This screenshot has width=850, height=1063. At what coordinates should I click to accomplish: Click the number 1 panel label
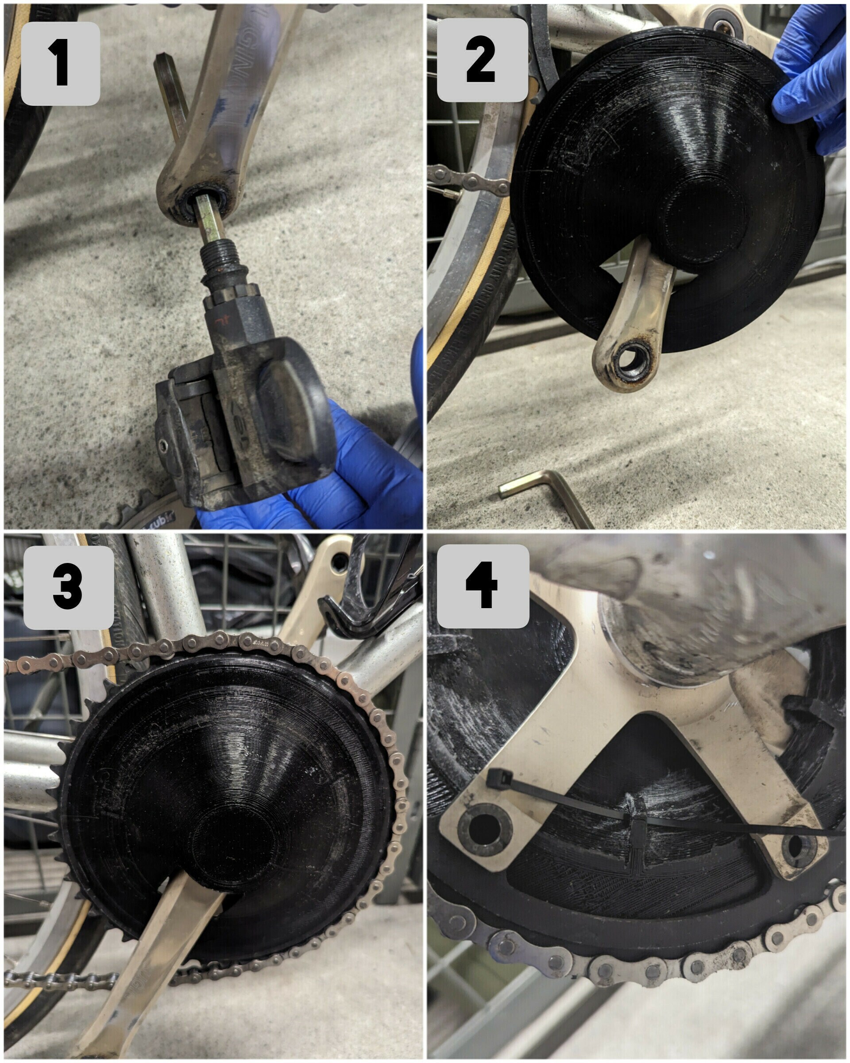[x=60, y=64]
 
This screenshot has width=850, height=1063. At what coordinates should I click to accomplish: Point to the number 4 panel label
[x=483, y=586]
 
